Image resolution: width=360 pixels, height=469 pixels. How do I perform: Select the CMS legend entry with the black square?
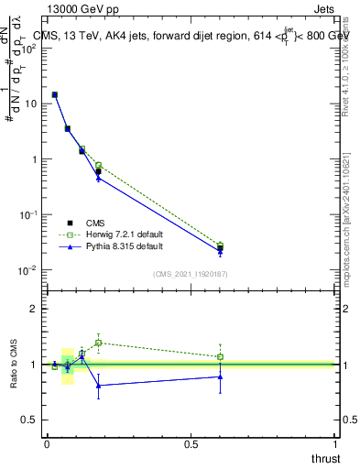pos(70,222)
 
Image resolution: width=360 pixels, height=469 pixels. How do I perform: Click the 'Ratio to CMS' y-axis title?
pos(15,364)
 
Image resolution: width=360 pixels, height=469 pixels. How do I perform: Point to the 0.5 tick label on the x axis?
pos(191,444)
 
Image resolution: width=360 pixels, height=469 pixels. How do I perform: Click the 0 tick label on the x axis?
pos(47,444)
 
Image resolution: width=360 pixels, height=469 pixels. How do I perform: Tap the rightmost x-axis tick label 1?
pos(336,444)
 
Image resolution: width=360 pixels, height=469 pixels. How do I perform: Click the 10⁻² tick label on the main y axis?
pos(27,269)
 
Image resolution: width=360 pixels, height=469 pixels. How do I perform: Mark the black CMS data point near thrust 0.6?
pos(220,248)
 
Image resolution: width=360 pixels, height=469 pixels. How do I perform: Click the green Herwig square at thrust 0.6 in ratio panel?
pos(220,356)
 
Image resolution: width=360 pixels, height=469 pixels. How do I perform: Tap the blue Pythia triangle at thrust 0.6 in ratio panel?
pos(220,376)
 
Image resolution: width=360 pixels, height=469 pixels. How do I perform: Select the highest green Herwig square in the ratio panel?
pos(98,343)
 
